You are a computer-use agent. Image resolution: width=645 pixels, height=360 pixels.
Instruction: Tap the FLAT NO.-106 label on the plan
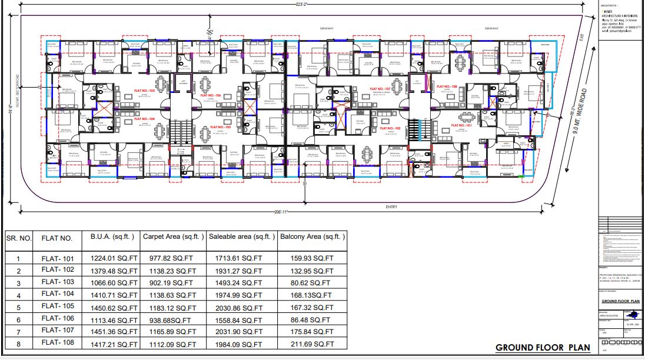point(210,95)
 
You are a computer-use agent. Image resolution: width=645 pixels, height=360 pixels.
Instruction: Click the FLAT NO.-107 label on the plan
point(380,89)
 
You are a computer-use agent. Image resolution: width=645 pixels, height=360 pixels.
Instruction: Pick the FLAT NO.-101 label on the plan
point(462,125)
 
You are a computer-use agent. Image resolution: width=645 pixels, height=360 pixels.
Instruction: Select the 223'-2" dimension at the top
point(300,5)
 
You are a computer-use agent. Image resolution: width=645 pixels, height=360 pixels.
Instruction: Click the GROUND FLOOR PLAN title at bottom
point(543,348)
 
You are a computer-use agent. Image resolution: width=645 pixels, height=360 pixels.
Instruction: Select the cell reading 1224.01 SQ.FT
point(114,258)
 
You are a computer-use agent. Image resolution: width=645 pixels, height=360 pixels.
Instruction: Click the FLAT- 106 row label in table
point(57,318)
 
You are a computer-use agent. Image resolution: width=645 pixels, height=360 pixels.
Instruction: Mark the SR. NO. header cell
point(18,238)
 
